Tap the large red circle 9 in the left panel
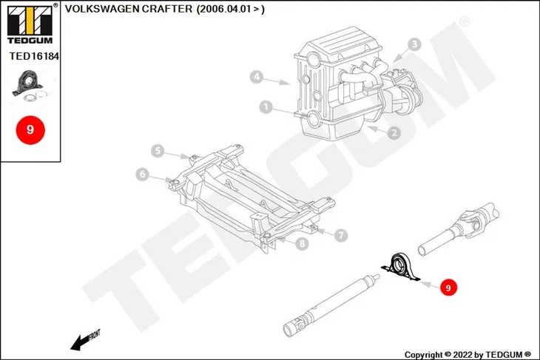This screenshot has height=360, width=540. [x=30, y=129]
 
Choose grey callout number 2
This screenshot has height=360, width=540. [x=394, y=133]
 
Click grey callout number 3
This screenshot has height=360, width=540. [x=414, y=44]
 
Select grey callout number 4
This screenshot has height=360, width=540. [x=256, y=76]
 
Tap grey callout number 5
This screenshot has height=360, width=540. [x=158, y=151]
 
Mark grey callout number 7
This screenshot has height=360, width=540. [x=340, y=235]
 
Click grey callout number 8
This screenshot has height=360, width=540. [x=302, y=244]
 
